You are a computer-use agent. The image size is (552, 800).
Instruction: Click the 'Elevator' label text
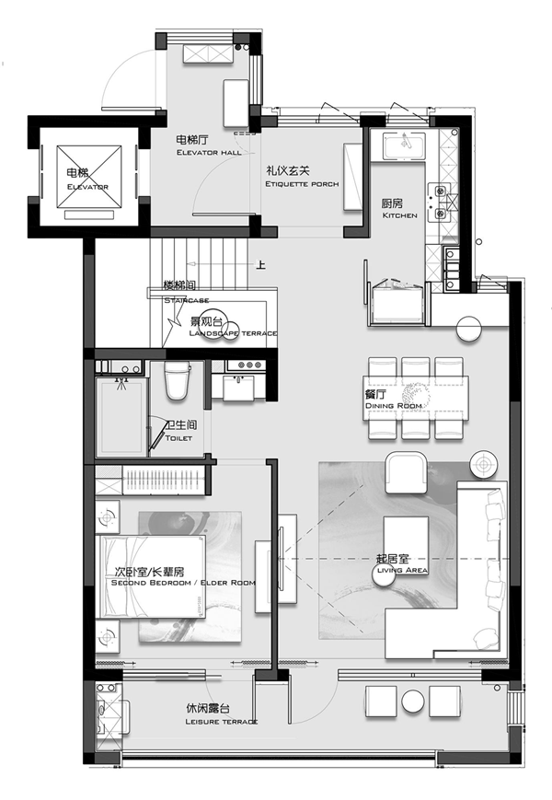pos(87,187)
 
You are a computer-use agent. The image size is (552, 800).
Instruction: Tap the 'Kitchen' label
pos(399,215)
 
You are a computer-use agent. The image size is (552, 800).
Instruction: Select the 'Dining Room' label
pos(394,406)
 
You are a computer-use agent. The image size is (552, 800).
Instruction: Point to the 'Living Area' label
pos(402,570)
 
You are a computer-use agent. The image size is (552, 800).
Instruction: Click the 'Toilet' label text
pos(178,438)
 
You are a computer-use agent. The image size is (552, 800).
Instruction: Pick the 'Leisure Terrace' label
pos(221,722)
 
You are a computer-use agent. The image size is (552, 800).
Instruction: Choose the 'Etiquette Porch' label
pos(302,184)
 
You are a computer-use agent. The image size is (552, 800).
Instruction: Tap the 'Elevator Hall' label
pos(209,153)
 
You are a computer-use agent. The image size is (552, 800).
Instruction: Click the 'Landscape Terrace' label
pos(233,333)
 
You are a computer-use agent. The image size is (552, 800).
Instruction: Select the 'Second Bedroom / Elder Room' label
pos(183,582)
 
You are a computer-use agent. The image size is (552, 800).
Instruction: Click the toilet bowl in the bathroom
pos(177,380)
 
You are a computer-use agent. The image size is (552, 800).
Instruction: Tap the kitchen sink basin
pos(404,146)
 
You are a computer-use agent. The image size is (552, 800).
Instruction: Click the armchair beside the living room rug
pos(407,473)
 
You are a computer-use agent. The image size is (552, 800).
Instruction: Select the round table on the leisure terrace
pos(413,701)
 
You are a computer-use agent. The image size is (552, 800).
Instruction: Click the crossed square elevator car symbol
pos(89,177)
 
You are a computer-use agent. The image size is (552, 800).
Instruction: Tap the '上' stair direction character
pos(260,265)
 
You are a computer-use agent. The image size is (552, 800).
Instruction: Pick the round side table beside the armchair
pos(484,465)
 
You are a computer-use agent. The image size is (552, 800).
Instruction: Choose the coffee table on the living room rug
pos(406,545)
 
